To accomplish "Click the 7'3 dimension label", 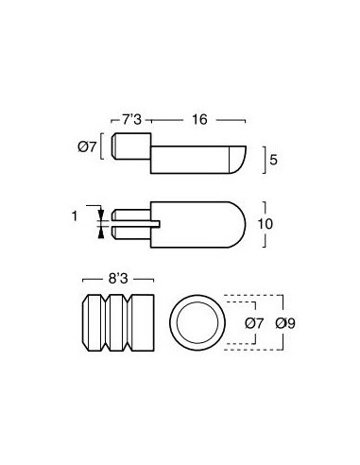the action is point(131,120).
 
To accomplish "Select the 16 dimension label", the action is point(199,120).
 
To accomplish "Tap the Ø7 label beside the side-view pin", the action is point(87,146).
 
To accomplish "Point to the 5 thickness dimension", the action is point(273,160).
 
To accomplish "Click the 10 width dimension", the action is point(266,224).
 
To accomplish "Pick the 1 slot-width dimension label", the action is point(75,216).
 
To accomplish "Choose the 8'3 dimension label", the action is point(118,279).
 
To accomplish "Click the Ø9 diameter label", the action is point(285,323).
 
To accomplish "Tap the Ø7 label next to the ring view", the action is point(254,323).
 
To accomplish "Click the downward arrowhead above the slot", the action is point(101,215).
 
